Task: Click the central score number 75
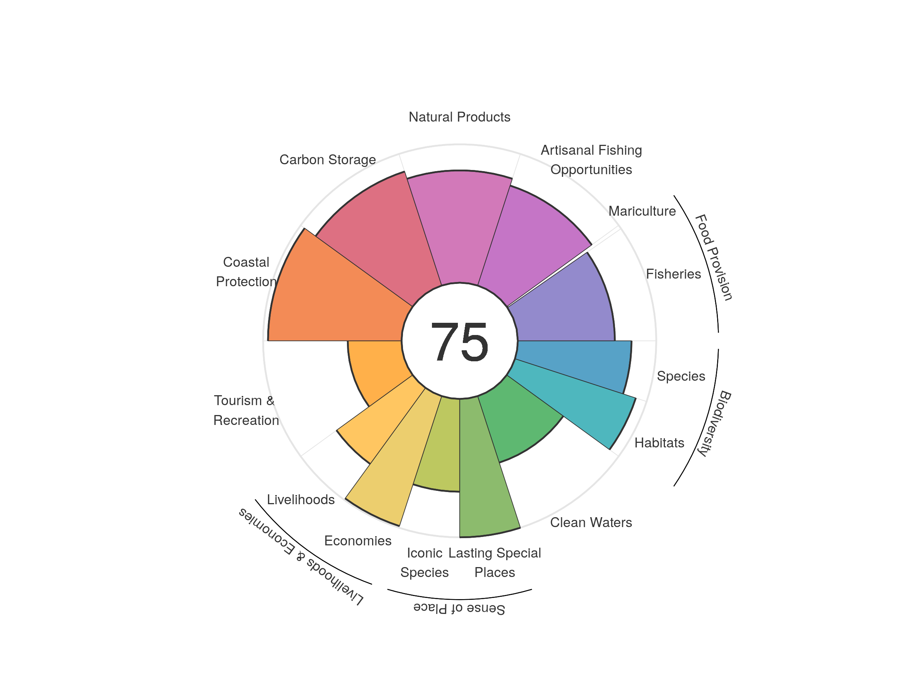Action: [x=459, y=342]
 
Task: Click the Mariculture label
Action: [x=642, y=211]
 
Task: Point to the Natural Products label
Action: [x=459, y=117]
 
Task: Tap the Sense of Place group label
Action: [x=459, y=609]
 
